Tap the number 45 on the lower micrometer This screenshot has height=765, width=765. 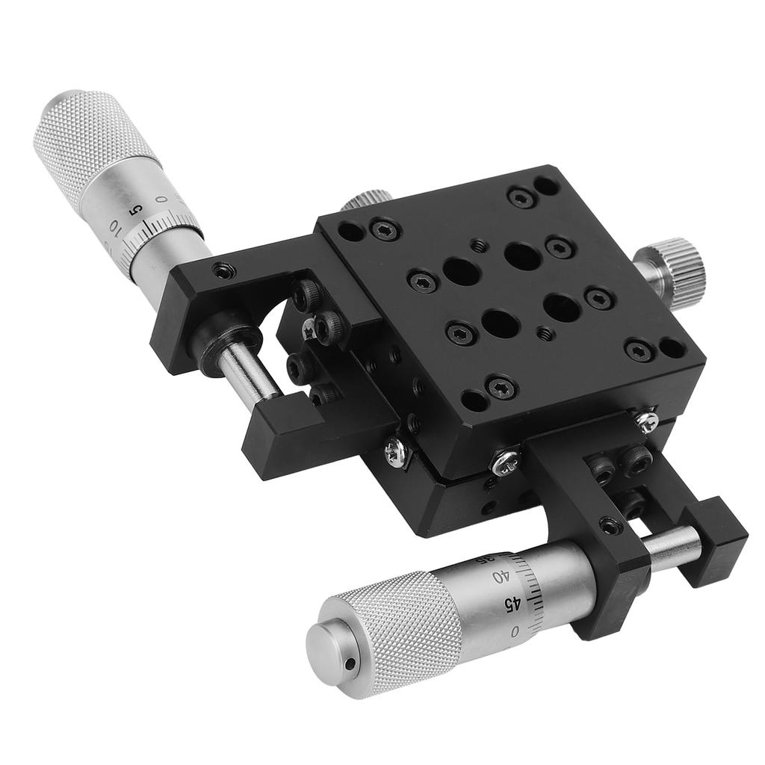513,603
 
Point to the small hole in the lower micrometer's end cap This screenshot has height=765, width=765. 348,662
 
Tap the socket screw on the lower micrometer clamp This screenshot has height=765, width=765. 611,527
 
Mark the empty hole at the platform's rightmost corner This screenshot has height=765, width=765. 672,347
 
